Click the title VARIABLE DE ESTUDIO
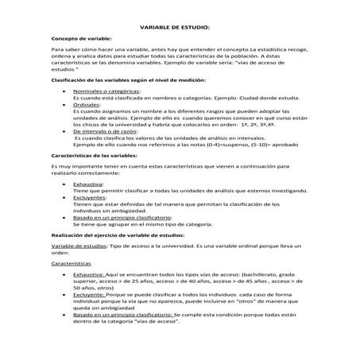(x=180, y=26)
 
